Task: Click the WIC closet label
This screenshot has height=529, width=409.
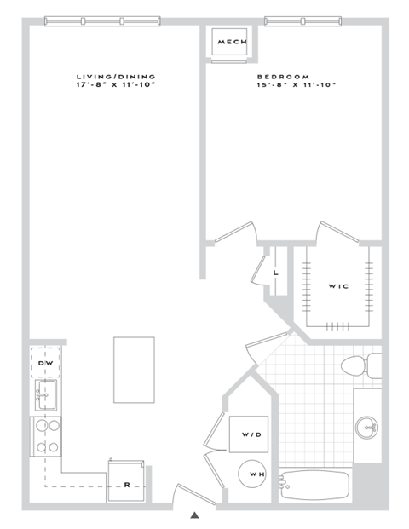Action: (337, 286)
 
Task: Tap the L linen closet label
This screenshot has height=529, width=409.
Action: (275, 273)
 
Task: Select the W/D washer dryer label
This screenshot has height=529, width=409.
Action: (251, 434)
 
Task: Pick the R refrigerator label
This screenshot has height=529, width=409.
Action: (126, 485)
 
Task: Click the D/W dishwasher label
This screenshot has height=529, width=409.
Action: (46, 364)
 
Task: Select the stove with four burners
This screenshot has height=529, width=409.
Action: (46, 435)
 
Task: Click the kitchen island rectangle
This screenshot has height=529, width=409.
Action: (134, 369)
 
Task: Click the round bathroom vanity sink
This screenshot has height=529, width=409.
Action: (367, 426)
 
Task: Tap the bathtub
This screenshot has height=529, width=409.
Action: (315, 486)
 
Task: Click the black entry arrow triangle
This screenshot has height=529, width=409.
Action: (194, 515)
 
